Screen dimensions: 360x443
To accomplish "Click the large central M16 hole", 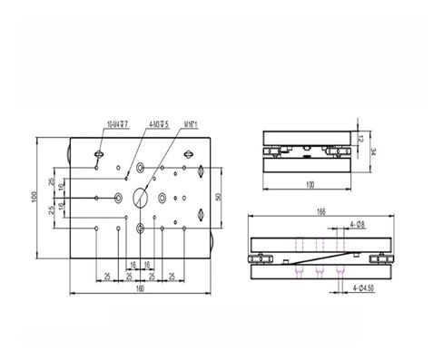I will (141, 197).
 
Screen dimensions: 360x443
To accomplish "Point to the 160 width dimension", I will (140, 289).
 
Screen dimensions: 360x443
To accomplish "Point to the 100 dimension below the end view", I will (308, 185).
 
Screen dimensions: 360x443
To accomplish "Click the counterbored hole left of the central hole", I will (119, 197).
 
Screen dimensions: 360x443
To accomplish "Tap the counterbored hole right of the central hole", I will (162, 197).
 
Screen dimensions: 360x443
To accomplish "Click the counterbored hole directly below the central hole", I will (141, 229).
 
